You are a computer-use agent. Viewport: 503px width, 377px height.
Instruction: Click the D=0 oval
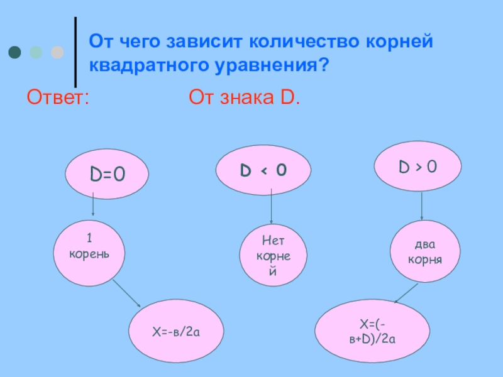(107, 173)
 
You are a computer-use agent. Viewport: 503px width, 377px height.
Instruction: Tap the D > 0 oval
(418, 167)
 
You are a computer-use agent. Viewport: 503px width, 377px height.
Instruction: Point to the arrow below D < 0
(271, 207)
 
